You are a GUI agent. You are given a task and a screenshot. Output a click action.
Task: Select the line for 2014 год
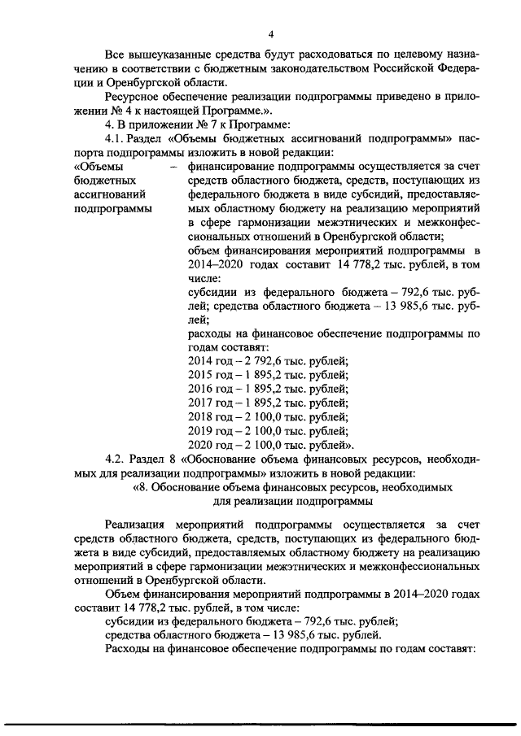pos(268,360)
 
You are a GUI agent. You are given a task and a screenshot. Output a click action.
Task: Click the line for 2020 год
pos(270,444)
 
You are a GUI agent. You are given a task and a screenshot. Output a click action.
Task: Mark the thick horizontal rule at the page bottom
pos(260,719)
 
